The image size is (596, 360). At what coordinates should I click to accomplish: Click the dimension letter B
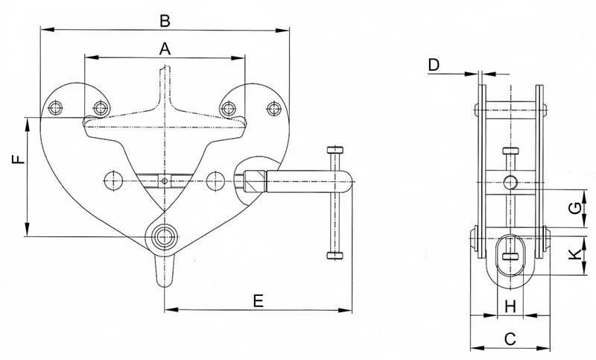165,21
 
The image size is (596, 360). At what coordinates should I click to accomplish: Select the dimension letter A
165,48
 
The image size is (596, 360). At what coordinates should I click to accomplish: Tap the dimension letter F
19,159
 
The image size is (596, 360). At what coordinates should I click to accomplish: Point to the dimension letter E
258,301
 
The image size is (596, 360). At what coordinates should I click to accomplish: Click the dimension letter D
434,65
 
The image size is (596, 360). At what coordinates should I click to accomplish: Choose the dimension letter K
575,254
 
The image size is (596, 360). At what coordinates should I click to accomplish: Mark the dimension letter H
510,306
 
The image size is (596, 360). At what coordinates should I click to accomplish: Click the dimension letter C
510,338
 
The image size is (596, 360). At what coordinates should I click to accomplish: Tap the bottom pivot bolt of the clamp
165,236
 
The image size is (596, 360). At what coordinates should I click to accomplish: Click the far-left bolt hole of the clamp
55,108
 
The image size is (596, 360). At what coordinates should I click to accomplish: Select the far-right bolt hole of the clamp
273,109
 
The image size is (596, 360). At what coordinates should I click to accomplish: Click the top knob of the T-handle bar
335,149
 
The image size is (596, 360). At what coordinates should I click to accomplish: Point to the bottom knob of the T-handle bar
335,255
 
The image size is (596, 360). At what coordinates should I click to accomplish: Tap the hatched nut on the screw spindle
255,181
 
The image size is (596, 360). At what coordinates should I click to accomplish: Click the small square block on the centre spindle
164,181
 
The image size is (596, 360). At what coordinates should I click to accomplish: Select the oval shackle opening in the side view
510,256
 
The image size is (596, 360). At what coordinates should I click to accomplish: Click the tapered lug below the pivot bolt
165,270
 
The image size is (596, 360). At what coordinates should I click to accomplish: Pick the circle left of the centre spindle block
113,180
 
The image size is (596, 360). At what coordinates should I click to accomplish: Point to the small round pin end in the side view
510,183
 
